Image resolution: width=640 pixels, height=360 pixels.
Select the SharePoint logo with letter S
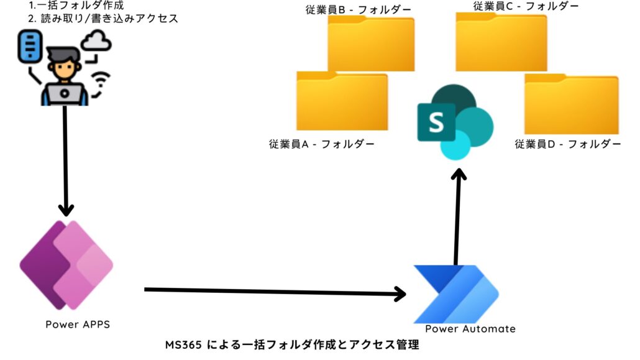(x=455, y=122)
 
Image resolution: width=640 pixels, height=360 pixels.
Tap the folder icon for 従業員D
(x=571, y=104)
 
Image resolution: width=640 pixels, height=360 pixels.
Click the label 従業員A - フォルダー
(x=321, y=145)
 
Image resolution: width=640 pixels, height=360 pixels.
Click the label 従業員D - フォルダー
(x=567, y=144)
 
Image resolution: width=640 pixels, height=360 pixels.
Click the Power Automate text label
(x=470, y=329)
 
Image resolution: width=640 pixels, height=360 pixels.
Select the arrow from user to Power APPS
(x=65, y=159)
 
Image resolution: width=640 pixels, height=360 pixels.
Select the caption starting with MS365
(x=292, y=344)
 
